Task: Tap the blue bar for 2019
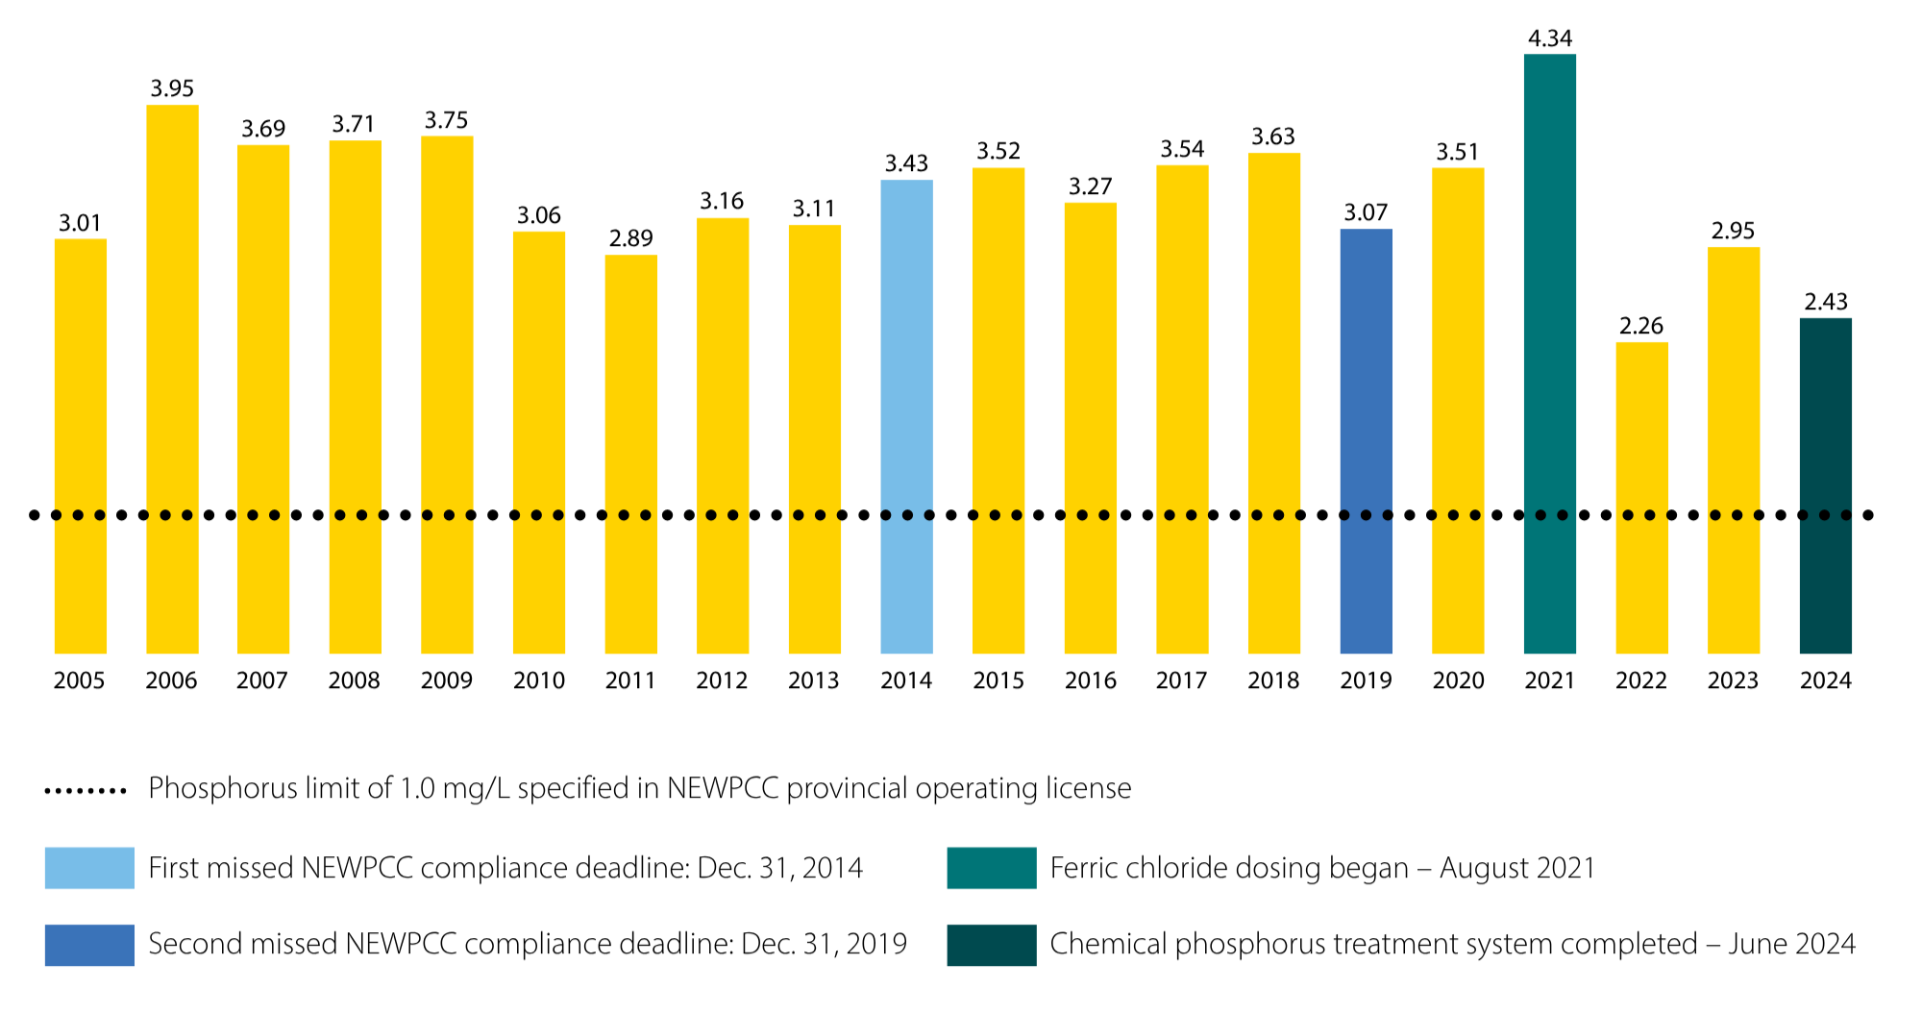(1366, 441)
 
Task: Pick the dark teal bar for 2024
(1825, 485)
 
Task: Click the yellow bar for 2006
(172, 379)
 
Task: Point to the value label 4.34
(1549, 38)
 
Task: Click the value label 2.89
(630, 238)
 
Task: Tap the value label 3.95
(172, 88)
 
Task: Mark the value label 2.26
(1640, 326)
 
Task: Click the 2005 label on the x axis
(79, 680)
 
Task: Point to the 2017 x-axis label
(1181, 680)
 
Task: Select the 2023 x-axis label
(1733, 680)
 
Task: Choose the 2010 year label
(538, 680)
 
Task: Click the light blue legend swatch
(89, 867)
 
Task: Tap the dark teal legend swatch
(991, 944)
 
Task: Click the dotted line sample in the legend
(86, 791)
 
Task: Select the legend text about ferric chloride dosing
(1322, 868)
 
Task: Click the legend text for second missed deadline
(528, 944)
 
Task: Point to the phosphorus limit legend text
(639, 788)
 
